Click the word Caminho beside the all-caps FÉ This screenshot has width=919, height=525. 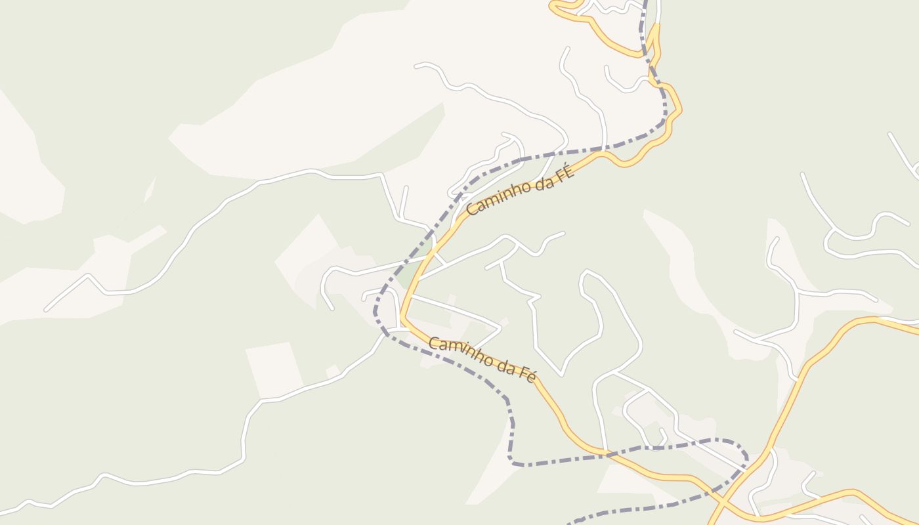point(496,198)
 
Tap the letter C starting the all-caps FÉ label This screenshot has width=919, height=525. point(471,210)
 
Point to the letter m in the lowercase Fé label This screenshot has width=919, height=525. point(453,348)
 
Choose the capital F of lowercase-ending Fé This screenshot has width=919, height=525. point(524,372)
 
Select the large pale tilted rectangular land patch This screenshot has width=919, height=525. point(274,369)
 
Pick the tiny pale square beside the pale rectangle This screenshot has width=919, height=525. point(333,371)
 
